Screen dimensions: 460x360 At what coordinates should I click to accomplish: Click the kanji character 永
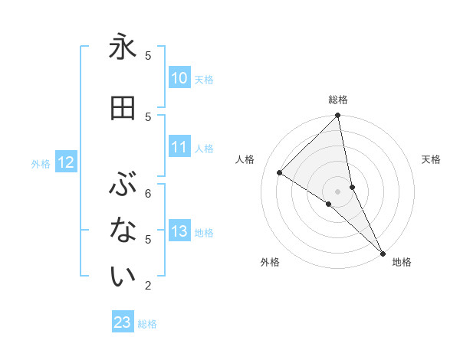click(x=123, y=48)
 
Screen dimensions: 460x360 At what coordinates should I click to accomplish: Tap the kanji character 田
click(x=123, y=108)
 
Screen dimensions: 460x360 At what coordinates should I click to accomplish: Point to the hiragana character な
click(x=123, y=231)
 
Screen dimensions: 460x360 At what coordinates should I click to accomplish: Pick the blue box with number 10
click(x=179, y=78)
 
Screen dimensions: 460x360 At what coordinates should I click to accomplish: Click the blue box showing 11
click(x=179, y=148)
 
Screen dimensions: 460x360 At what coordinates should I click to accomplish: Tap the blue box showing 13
click(x=179, y=231)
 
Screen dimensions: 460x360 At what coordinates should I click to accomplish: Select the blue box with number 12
click(x=66, y=162)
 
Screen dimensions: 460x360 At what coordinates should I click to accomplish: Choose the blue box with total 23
click(x=123, y=322)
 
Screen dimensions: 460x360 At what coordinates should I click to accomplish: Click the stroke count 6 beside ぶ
click(x=148, y=193)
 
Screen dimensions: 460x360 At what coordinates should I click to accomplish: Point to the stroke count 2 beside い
click(x=148, y=286)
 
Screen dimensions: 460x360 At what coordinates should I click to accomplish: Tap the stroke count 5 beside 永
click(x=148, y=55)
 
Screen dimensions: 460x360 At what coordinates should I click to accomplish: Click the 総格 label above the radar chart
click(x=338, y=100)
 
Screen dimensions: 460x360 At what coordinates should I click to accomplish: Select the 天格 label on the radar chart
click(x=431, y=159)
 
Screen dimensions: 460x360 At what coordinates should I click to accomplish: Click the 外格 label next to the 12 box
click(x=40, y=163)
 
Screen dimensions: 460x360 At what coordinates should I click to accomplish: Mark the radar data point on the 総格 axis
click(x=338, y=116)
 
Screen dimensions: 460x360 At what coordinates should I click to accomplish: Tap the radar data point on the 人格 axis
click(x=280, y=172)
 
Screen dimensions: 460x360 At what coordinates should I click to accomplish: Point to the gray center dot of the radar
click(x=338, y=191)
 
